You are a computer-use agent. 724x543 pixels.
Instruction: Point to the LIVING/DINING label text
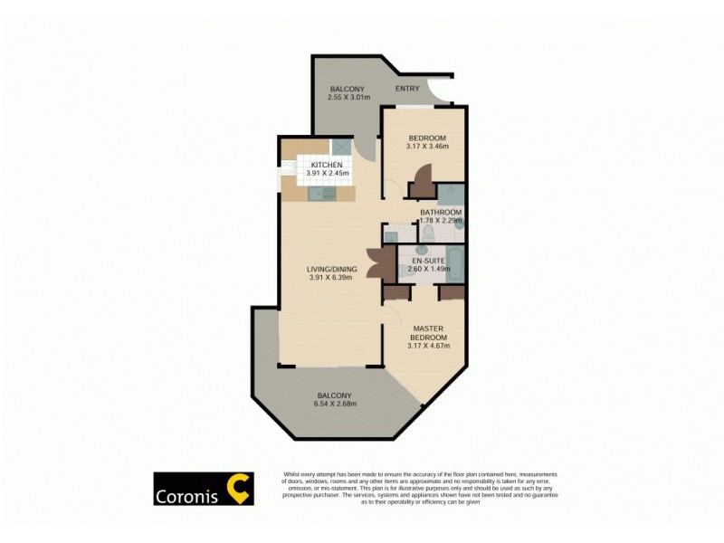coord(331,270)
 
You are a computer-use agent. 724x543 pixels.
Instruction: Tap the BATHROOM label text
coord(441,212)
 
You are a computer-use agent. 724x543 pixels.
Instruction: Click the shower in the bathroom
coord(451,194)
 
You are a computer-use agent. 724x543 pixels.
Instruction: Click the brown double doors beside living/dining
coord(382,265)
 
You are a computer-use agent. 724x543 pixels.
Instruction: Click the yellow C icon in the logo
coord(237,489)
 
